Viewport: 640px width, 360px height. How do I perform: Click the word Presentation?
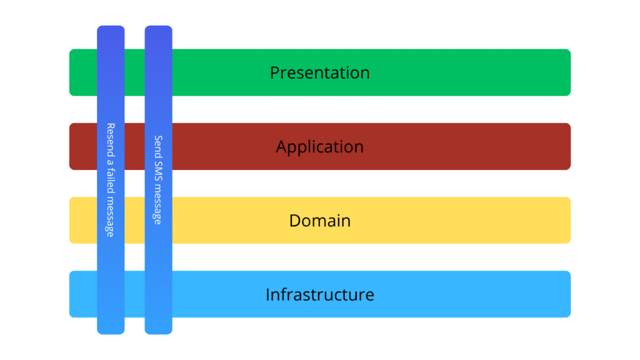tap(319, 72)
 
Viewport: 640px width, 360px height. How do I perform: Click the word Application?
tap(319, 147)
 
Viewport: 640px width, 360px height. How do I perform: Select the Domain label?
tap(319, 221)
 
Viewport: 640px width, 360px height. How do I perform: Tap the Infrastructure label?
tap(319, 294)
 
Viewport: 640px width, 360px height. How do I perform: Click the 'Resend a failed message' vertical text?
tap(111, 180)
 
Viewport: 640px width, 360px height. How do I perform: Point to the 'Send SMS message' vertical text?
tap(158, 180)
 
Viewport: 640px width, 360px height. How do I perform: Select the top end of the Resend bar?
tap(111, 30)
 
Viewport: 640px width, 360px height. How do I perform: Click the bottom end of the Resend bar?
tap(111, 329)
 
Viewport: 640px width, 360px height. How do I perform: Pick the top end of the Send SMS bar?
tap(158, 30)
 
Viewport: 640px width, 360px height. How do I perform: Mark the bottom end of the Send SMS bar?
tap(158, 329)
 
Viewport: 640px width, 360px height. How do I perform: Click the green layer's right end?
tap(565, 72)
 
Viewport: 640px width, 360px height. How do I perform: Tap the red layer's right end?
tap(565, 147)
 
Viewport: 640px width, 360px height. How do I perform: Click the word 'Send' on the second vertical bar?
tap(158, 146)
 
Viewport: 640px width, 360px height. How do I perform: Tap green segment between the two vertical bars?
tap(134, 72)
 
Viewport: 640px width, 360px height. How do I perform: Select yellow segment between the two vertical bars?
tap(134, 221)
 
